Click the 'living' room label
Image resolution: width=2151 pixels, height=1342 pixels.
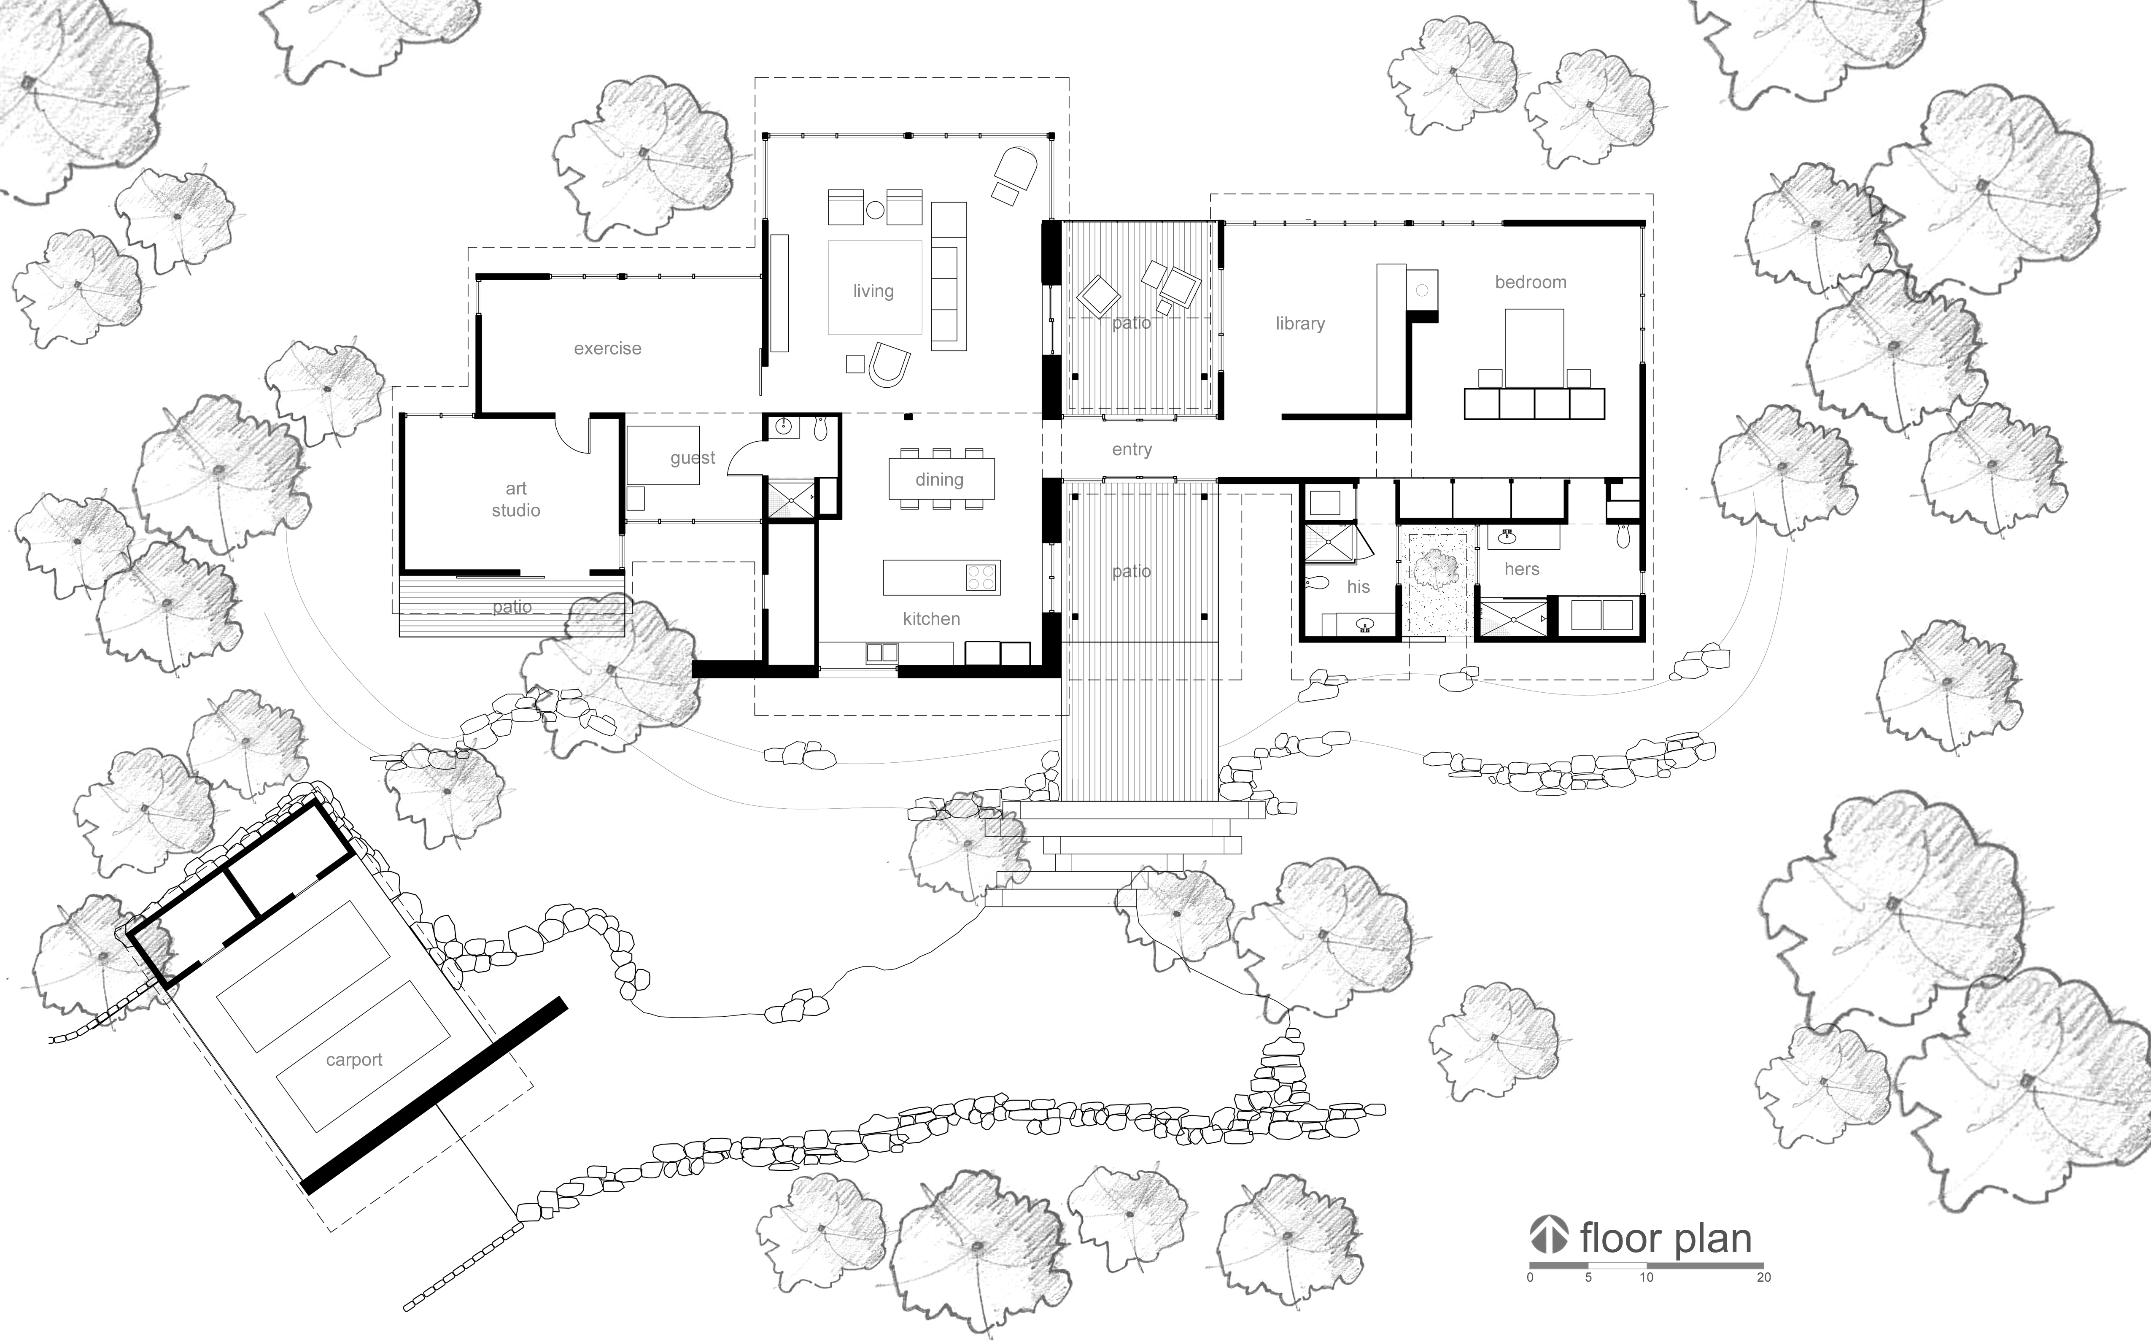pos(873,291)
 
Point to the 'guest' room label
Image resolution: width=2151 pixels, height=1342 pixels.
pos(692,458)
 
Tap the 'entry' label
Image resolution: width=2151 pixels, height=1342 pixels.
pos(1132,450)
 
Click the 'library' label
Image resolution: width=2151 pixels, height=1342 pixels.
pos(1300,324)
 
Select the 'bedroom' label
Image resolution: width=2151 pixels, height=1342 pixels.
pos(1531,282)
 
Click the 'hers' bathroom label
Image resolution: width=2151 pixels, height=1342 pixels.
pos(1522,569)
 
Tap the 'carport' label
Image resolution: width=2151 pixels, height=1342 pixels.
pos(354,1060)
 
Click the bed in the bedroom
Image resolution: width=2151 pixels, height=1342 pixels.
pos(1534,348)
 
